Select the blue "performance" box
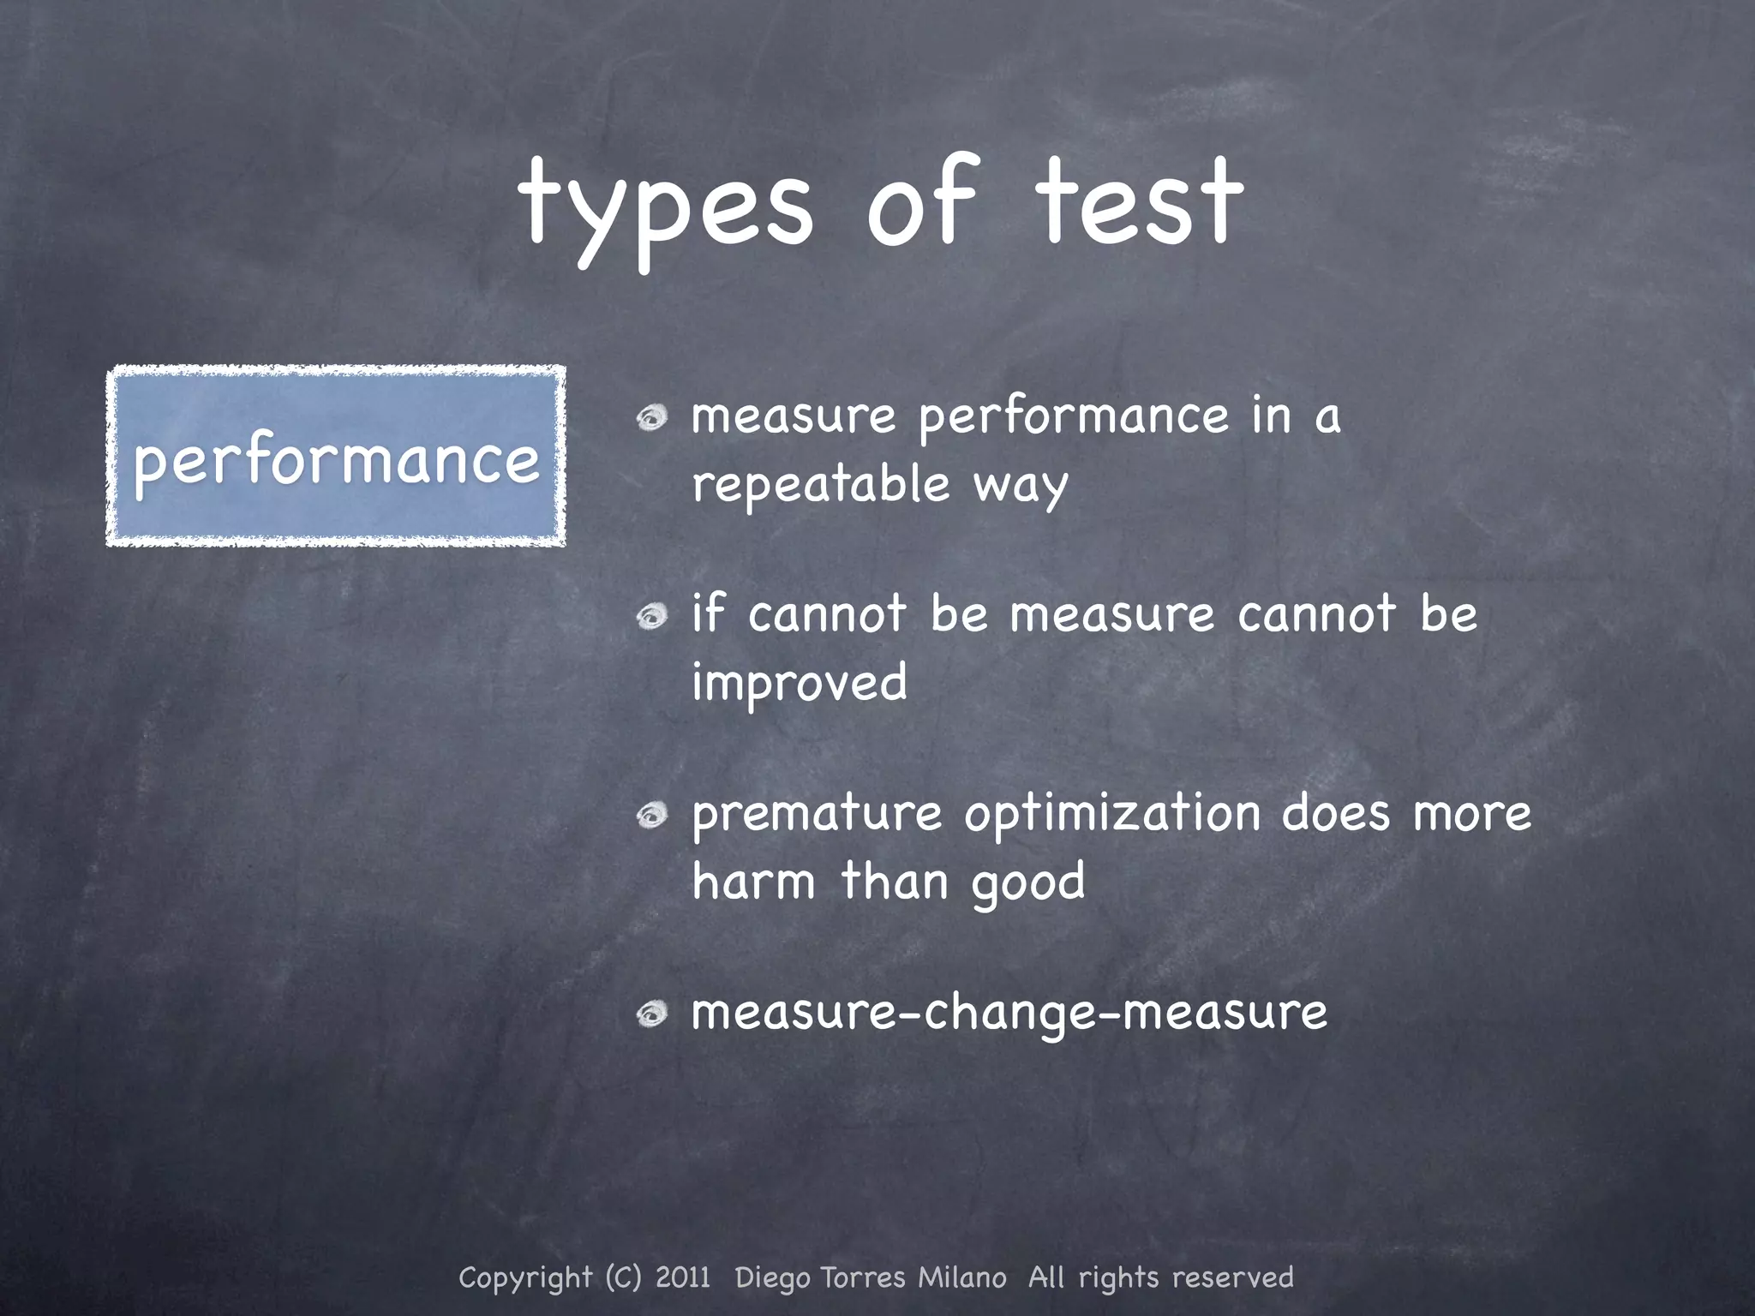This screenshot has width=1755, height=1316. point(336,456)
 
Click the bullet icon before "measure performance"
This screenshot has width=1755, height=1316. point(652,418)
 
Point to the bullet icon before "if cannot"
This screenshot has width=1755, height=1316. point(652,616)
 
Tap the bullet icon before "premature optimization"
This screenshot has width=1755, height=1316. point(652,815)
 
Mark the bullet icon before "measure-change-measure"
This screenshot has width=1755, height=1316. point(652,1014)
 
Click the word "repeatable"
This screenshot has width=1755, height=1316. point(821,485)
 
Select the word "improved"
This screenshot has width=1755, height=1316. point(799,684)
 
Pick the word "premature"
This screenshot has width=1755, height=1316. point(816,814)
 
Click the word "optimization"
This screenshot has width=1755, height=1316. point(1111,814)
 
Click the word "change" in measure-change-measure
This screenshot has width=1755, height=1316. point(1010,1014)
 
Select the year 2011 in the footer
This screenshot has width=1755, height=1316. point(683,1277)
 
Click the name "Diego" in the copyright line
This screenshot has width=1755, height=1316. point(772,1277)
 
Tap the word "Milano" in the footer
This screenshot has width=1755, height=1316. point(961,1277)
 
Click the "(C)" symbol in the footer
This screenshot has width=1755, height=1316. point(623,1277)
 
